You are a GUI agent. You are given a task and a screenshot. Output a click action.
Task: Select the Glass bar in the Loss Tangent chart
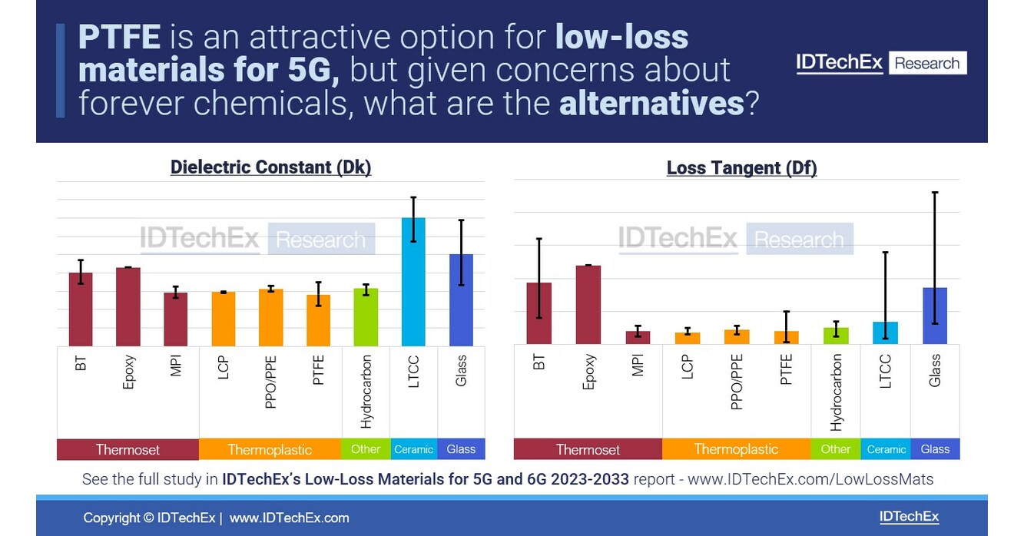point(934,316)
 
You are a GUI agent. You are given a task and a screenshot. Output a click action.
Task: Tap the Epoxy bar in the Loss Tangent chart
point(588,304)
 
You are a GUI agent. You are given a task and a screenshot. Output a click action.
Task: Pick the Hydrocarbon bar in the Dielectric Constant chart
point(366,316)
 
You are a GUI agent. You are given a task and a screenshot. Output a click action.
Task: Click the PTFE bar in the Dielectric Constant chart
point(318,320)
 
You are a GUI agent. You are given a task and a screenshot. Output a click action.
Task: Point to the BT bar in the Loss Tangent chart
point(539,313)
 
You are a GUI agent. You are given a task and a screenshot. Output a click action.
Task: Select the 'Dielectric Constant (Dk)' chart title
point(270,167)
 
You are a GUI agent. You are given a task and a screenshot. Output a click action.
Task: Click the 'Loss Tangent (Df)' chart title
point(741,167)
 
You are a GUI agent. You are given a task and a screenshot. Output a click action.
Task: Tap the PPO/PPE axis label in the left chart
point(270,381)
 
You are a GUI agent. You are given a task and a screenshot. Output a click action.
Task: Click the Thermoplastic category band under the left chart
point(270,449)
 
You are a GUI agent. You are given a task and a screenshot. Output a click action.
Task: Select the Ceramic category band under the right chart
point(886,449)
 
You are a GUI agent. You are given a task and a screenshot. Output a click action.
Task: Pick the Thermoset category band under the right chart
point(588,449)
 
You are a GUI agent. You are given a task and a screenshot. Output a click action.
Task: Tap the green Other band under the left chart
point(366,449)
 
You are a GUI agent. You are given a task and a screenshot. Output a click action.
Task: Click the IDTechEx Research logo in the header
point(881,63)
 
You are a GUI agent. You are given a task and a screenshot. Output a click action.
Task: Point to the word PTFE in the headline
point(119,37)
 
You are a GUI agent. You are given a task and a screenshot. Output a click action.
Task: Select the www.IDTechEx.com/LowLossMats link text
point(810,480)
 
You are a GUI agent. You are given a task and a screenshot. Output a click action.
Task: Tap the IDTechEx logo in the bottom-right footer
point(909,517)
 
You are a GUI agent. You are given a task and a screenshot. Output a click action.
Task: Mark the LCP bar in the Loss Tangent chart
point(688,338)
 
